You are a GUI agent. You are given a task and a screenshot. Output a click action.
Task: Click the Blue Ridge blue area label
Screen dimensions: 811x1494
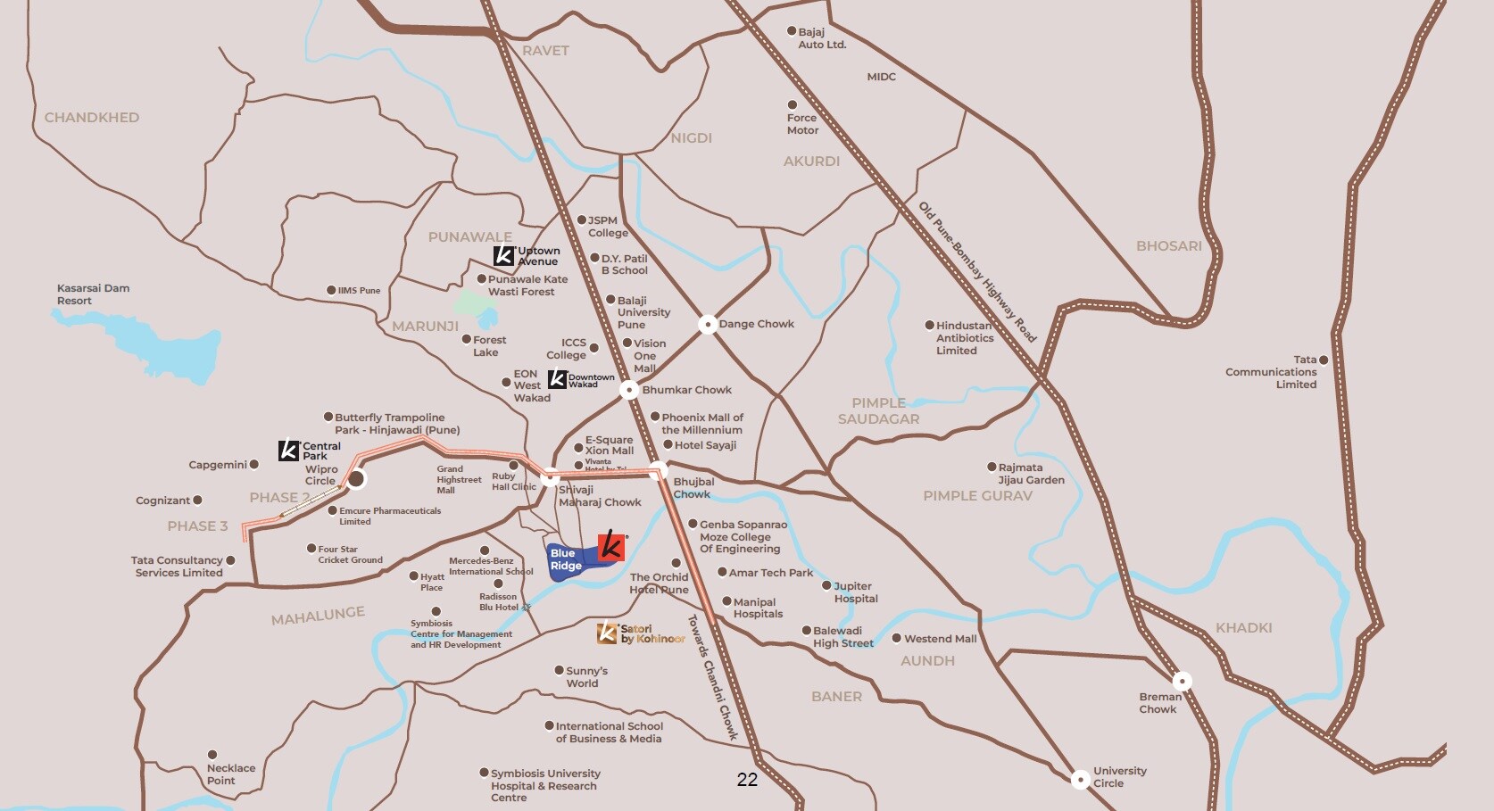(566, 559)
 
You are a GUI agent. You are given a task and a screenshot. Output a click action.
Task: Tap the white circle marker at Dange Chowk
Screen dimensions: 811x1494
(708, 324)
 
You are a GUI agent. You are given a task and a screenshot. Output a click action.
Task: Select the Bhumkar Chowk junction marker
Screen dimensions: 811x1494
(629, 389)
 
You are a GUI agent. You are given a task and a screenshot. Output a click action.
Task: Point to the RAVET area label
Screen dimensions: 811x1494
(545, 51)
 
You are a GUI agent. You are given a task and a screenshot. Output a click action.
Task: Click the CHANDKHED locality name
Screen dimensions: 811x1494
(92, 117)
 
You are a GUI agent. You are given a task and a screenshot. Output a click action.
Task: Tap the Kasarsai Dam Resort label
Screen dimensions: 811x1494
(93, 294)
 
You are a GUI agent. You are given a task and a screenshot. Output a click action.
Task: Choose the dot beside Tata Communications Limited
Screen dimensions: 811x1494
(1324, 360)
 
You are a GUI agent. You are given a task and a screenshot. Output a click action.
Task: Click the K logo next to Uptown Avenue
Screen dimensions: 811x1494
(503, 256)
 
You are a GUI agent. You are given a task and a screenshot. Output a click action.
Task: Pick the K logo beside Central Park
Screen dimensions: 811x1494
(288, 451)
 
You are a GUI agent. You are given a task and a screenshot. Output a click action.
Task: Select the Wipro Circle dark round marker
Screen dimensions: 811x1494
(356, 479)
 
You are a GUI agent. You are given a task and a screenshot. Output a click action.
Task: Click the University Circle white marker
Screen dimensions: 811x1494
(1081, 778)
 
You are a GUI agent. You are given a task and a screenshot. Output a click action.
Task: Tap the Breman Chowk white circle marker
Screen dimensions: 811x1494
(1182, 681)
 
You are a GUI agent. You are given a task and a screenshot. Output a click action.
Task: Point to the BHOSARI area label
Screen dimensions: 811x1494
(1168, 246)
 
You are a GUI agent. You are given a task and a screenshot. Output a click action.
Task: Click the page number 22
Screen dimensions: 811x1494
(747, 780)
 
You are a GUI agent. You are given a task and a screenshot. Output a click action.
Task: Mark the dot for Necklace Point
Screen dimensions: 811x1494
(212, 755)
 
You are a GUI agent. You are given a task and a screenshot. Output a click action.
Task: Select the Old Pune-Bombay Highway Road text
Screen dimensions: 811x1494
(977, 272)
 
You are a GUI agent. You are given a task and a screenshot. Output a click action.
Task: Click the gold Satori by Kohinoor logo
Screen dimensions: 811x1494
(607, 633)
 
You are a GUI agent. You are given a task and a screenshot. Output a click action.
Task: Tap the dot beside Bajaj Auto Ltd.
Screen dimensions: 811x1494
(791, 31)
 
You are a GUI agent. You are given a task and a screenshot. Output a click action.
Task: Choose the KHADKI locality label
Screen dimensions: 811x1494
(1243, 628)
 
